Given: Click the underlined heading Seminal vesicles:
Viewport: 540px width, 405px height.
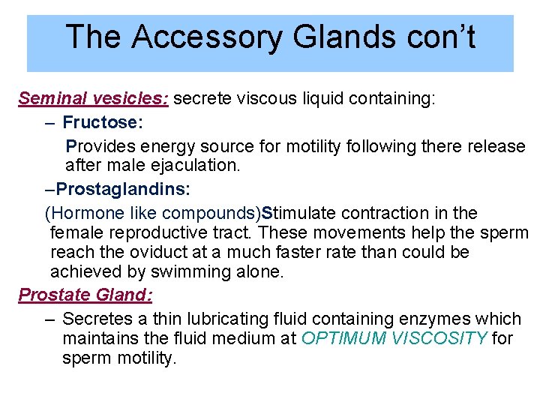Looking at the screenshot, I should coord(94,99).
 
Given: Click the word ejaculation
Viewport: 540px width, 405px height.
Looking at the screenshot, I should coord(191,166).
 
